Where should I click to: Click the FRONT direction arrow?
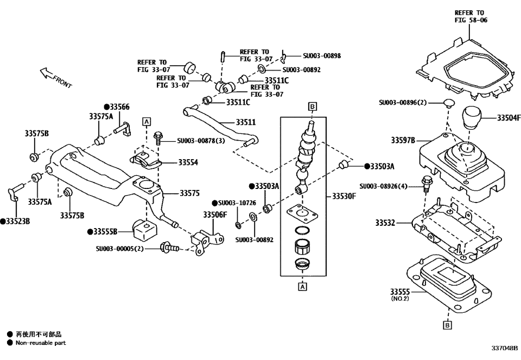point(54,77)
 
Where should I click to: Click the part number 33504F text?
point(508,118)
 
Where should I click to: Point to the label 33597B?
point(403,140)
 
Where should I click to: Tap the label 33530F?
point(344,196)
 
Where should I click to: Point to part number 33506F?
point(215,214)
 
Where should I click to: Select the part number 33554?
point(188,162)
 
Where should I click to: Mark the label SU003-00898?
point(321,55)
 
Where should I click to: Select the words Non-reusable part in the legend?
point(40,343)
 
